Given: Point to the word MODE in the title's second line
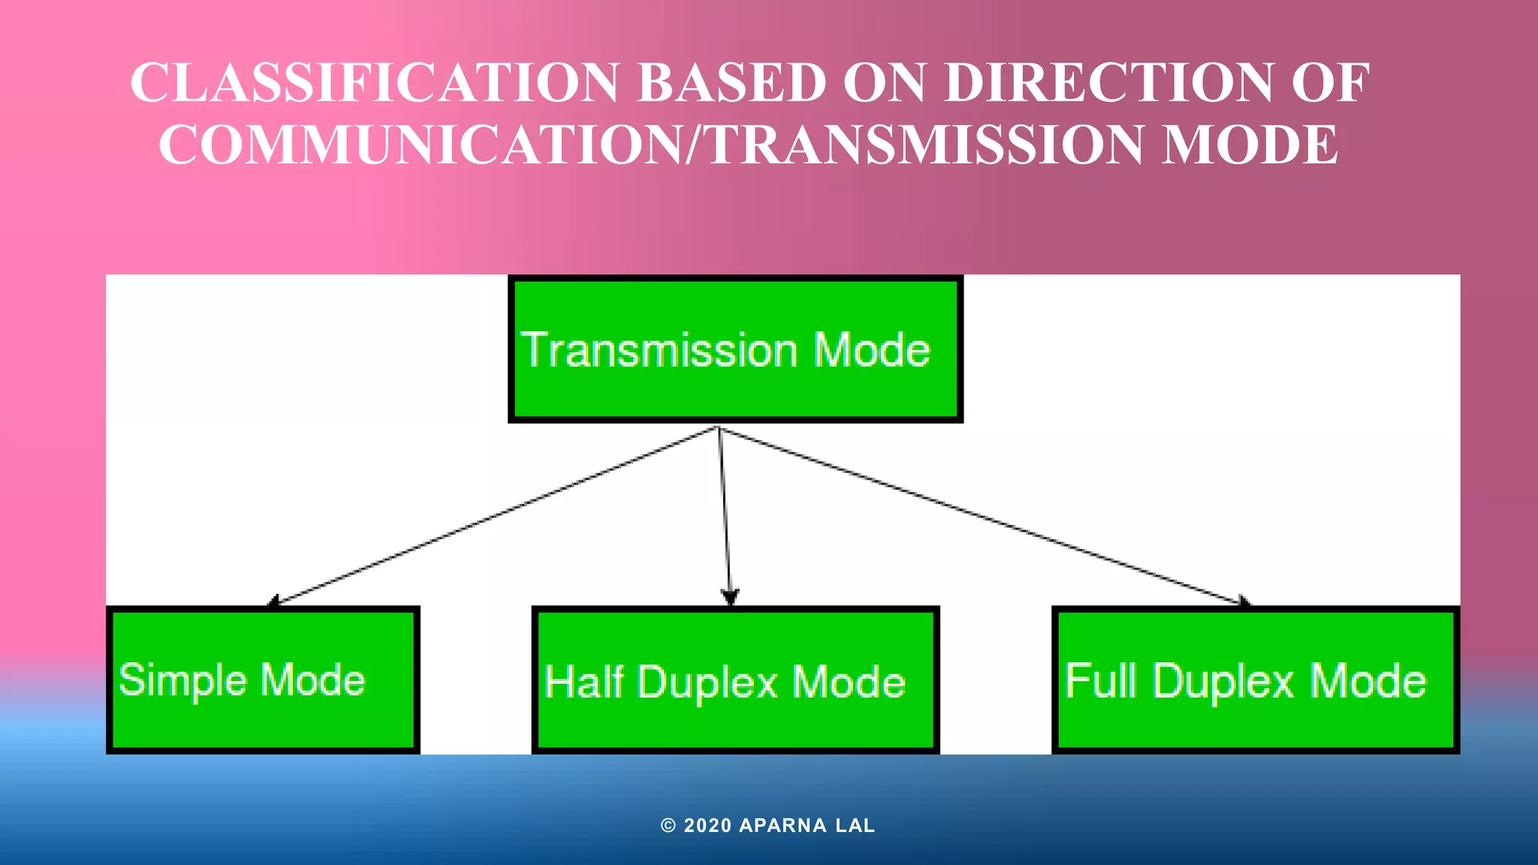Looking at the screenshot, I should pyautogui.click(x=1250, y=144).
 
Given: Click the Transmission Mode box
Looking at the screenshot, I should pyautogui.click(x=735, y=349).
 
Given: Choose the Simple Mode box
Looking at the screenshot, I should pyautogui.click(x=263, y=680).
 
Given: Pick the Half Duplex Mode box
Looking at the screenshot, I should pyautogui.click(x=735, y=680).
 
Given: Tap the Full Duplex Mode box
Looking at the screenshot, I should pyautogui.click(x=1255, y=680).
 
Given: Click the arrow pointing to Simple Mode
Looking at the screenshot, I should pyautogui.click(x=492, y=516).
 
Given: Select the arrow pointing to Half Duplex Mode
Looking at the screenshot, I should pyautogui.click(x=725, y=516).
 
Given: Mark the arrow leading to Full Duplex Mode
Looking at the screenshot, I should pyautogui.click(x=984, y=516).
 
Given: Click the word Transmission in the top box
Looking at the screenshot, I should pyautogui.click(x=659, y=350).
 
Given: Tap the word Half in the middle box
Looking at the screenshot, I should pyautogui.click(x=584, y=682).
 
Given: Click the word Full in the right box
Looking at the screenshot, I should pyautogui.click(x=1100, y=680).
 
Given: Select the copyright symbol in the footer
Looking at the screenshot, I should pyautogui.click(x=668, y=826).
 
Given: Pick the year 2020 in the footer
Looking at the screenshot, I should pyautogui.click(x=707, y=826).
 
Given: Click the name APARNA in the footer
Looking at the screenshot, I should pyautogui.click(x=783, y=826).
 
